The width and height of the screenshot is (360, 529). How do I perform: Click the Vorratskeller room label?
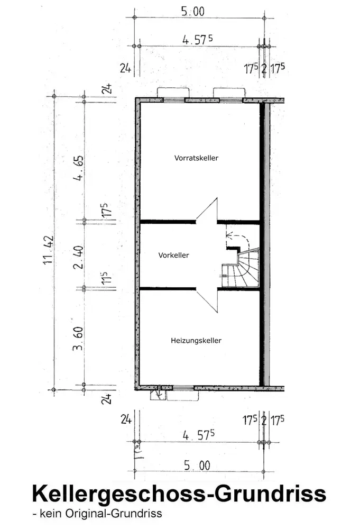[x=196, y=158]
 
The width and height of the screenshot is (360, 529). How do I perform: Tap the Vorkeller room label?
[x=173, y=256]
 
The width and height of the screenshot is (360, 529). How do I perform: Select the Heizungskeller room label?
[x=196, y=341]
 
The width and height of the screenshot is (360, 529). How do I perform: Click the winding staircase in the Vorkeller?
[x=241, y=269]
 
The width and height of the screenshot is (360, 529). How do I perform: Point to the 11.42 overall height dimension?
[x=49, y=250]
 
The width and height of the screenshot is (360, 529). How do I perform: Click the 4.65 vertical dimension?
[x=78, y=168]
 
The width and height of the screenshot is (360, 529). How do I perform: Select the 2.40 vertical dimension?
[x=78, y=257]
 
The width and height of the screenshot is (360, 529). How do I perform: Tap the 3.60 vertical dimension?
[x=78, y=339]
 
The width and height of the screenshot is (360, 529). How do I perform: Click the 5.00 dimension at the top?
[x=193, y=12]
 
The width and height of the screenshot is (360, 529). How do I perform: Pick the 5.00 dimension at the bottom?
[x=197, y=466]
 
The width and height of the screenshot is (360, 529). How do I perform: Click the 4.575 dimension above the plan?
[x=198, y=40]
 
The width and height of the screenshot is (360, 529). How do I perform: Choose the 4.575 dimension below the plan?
[x=199, y=435]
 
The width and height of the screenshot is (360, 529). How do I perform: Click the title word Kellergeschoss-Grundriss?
[x=179, y=494]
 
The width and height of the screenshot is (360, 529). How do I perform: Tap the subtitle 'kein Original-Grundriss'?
[x=97, y=514]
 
